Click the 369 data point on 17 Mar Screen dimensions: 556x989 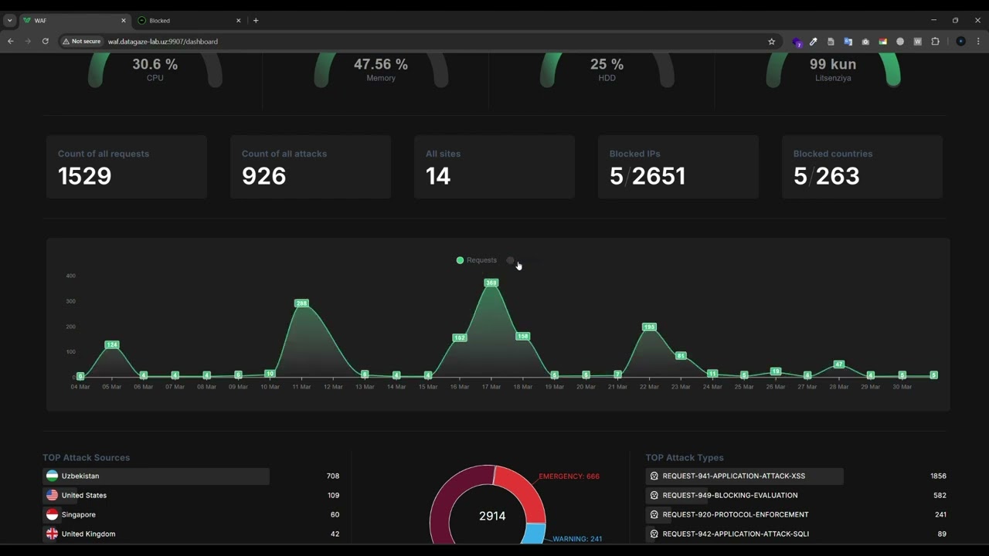point(491,283)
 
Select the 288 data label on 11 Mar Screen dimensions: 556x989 point(301,303)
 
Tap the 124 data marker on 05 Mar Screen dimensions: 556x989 point(112,344)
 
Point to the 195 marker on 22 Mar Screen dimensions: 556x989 point(649,327)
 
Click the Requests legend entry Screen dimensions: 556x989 point(477,260)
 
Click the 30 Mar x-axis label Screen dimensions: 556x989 point(902,387)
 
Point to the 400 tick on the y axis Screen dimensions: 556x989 point(70,276)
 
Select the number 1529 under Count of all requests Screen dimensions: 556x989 point(85,176)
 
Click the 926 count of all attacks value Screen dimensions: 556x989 point(264,176)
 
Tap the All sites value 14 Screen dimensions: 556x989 point(438,176)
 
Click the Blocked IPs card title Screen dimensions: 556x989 point(634,154)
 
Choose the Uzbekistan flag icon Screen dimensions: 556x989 point(52,476)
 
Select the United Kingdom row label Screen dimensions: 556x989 point(88,534)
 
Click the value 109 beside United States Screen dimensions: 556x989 point(333,495)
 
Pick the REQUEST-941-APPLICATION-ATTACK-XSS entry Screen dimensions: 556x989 point(733,476)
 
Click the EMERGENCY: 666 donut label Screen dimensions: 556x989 point(569,476)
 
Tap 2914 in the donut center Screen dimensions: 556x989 point(492,516)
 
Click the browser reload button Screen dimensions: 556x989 point(46,42)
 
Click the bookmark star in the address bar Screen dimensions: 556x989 point(771,42)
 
